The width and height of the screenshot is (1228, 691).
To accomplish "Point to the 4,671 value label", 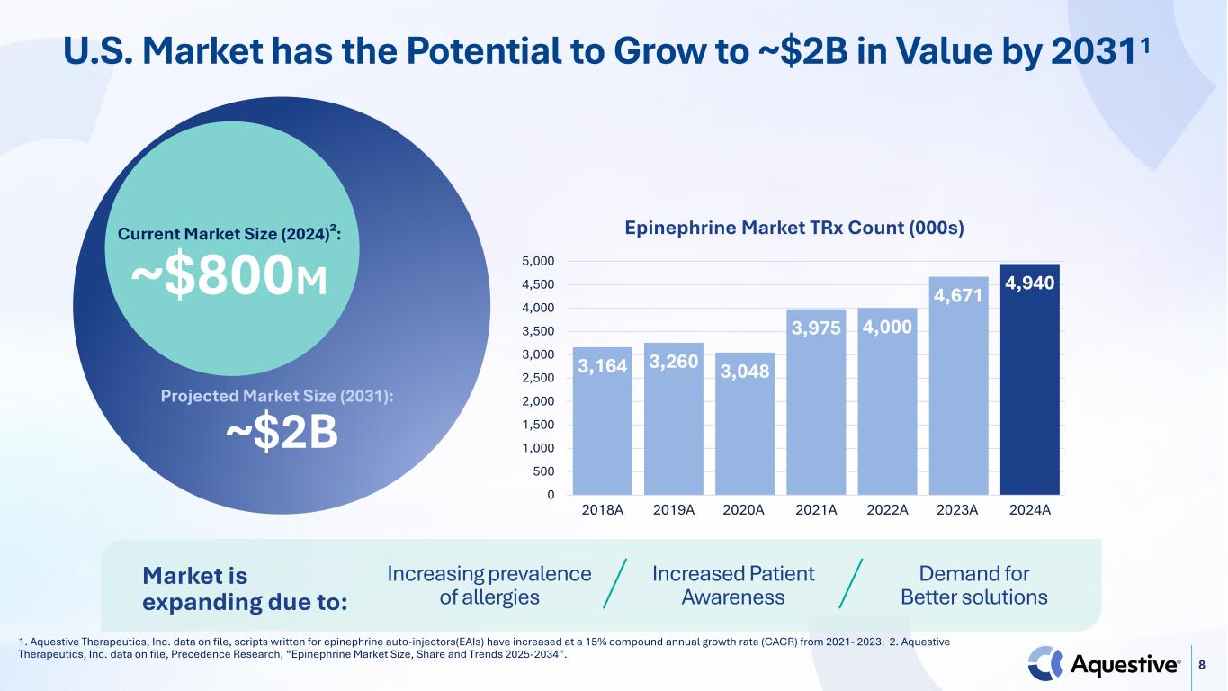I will tap(959, 295).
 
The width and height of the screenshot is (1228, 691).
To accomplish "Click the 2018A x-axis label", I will tap(603, 510).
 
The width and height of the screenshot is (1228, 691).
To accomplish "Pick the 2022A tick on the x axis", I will tap(887, 510).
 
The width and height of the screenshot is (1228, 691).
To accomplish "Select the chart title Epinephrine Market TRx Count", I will tap(794, 229).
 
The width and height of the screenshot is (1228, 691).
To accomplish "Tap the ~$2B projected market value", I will tap(281, 434).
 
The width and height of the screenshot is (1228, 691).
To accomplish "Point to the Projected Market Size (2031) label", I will tap(277, 397).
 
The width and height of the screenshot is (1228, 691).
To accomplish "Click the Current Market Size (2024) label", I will tap(229, 236).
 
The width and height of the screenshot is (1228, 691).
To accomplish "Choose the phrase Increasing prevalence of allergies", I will tap(489, 586).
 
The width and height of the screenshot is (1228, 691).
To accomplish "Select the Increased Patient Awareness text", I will tap(733, 586).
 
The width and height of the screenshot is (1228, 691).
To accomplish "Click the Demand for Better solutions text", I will tap(974, 586).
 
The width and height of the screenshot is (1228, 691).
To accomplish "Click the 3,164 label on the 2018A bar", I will tap(602, 366).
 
